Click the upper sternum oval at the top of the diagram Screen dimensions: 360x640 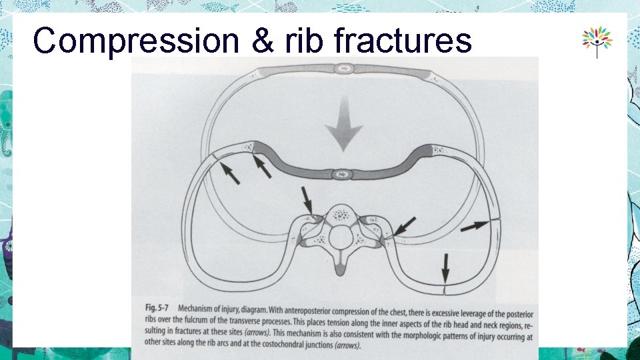click(x=344, y=68)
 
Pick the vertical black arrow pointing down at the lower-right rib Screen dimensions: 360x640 click(x=445, y=269)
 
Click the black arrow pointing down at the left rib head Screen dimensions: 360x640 click(x=307, y=199)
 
